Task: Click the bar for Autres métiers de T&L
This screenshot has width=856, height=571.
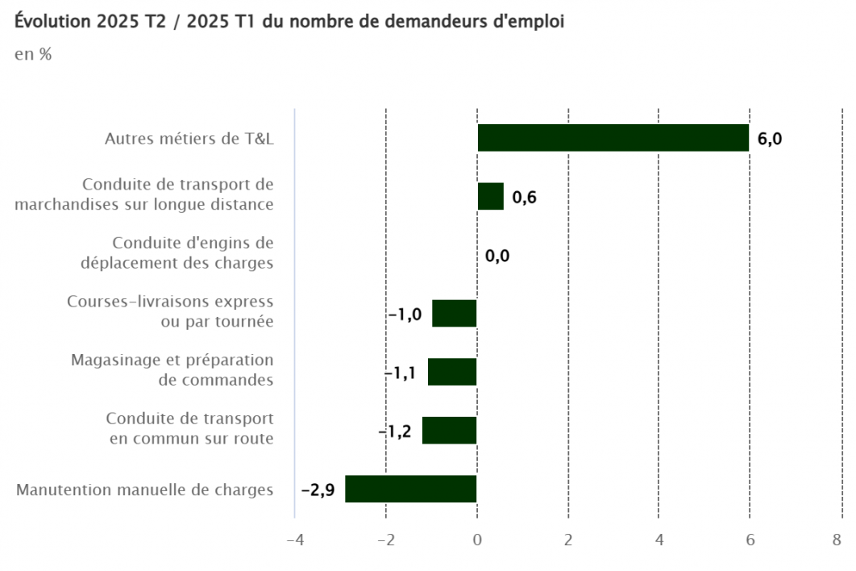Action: point(613,138)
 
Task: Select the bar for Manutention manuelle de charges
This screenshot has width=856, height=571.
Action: point(410,490)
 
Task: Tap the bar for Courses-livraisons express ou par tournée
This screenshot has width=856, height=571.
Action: point(455,313)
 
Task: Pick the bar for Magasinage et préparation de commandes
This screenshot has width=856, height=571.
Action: point(452,372)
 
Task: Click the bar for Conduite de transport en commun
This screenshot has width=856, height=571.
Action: point(449,431)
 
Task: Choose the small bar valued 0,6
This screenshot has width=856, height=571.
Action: point(490,197)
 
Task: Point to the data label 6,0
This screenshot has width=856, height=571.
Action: point(770,139)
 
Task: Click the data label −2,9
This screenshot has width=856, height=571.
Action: point(318,490)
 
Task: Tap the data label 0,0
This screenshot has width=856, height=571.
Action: point(497,256)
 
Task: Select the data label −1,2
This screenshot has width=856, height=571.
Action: point(396,431)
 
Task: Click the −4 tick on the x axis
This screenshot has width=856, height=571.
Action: point(295,540)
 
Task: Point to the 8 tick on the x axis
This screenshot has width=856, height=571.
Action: point(839,540)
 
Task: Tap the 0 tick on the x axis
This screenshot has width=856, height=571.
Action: point(477,540)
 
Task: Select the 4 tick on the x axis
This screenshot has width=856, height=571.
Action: point(659,540)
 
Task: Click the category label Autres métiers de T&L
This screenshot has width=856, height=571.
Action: point(189,139)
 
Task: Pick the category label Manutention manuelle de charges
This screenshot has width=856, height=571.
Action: point(145,490)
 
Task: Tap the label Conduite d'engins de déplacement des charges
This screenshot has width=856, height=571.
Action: point(177,252)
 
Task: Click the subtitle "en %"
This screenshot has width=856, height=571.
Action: point(33,55)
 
